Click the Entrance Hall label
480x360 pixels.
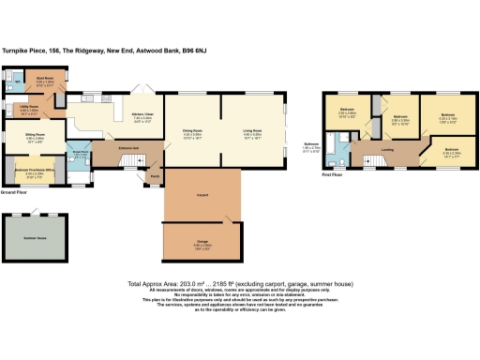coord(128,148)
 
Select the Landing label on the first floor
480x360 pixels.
coord(386,149)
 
